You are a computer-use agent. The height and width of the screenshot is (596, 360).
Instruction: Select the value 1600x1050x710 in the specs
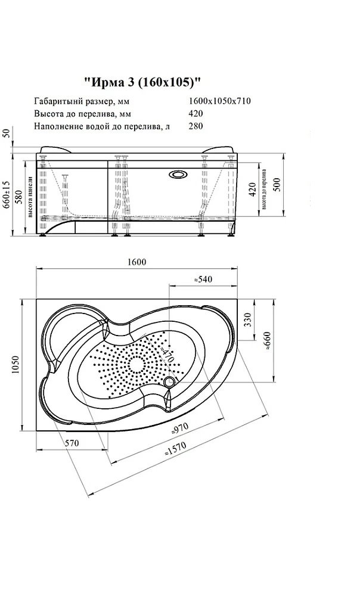click(x=219, y=101)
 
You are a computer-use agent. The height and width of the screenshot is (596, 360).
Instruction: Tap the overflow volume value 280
click(x=195, y=126)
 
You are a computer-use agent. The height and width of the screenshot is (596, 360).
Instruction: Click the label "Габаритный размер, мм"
click(x=82, y=101)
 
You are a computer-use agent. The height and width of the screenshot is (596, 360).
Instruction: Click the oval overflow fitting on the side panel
click(x=178, y=175)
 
